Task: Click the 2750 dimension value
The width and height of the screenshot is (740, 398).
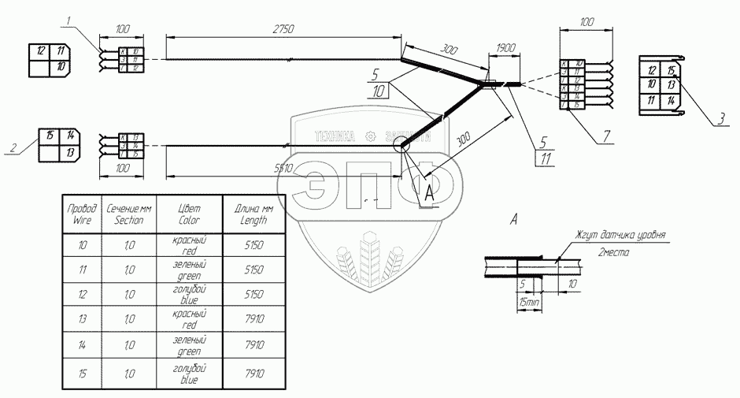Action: [283, 29]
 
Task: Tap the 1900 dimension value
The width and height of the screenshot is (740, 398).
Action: [505, 48]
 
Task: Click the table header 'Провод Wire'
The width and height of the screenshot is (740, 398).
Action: [83, 214]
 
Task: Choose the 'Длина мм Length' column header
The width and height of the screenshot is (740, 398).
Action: [252, 214]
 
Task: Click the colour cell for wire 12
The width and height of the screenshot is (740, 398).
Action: [189, 295]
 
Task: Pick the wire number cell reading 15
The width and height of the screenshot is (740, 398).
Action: [83, 372]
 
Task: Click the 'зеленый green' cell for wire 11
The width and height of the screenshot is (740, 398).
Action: [189, 270]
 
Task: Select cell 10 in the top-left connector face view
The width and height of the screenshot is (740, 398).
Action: [60, 69]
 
